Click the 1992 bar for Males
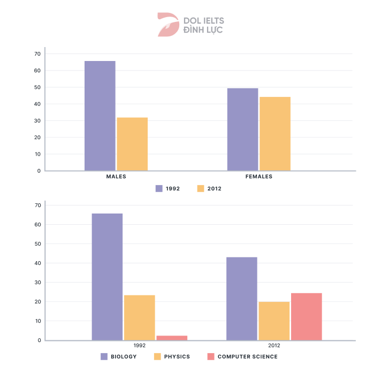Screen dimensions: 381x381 [100, 116]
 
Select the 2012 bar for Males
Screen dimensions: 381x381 [132, 144]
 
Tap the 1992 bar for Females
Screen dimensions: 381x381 [242, 129]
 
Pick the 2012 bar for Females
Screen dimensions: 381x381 [275, 134]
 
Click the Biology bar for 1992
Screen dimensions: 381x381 [107, 277]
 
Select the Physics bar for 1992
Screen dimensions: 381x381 [140, 317]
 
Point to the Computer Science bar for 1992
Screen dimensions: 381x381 [172, 338]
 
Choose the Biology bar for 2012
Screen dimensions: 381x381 [242, 299]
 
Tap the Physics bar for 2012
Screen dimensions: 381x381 [274, 321]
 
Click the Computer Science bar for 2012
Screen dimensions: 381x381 [307, 316]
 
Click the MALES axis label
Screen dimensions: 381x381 [116, 177]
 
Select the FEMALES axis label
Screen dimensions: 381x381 [259, 177]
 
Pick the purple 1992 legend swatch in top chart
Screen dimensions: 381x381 [159, 188]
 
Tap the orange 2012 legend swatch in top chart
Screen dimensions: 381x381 [201, 188]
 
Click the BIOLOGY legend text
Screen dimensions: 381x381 [124, 356]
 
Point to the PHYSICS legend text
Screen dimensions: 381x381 [177, 356]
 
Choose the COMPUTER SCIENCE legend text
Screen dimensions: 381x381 [248, 356]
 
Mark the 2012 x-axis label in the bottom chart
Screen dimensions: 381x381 [274, 346]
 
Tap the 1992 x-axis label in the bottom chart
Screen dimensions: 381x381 [140, 346]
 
